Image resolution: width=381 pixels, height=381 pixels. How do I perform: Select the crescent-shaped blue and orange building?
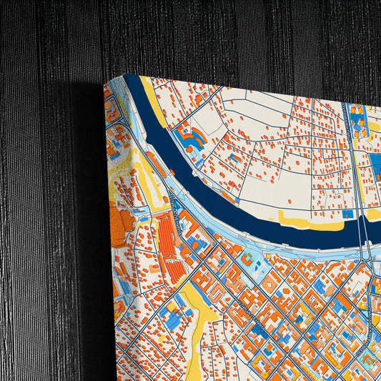coord(191,137)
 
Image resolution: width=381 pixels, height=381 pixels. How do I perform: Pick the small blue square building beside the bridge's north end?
coord(348,213)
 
